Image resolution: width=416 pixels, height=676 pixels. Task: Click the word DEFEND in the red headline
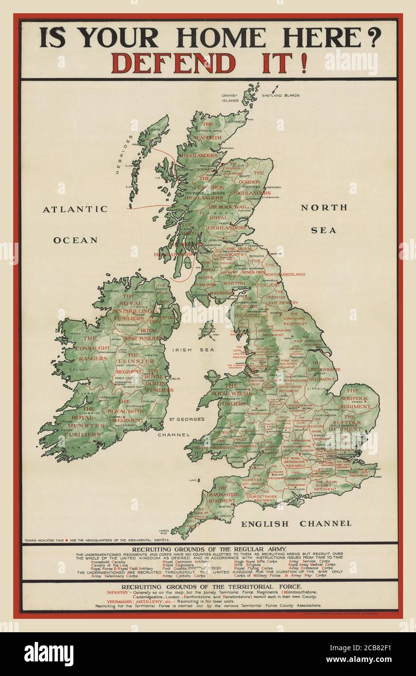[x=173, y=63]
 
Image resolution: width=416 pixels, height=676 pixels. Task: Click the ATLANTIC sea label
[x=75, y=209]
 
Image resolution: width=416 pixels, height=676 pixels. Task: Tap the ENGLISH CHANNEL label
[x=296, y=523]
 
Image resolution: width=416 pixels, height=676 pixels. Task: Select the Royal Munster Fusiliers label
[x=85, y=426]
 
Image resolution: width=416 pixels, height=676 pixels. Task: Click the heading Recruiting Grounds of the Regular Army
[x=209, y=549]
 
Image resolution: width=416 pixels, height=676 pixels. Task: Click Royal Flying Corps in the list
[x=253, y=568]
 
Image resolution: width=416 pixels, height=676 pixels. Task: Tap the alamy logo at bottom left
[x=49, y=654]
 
